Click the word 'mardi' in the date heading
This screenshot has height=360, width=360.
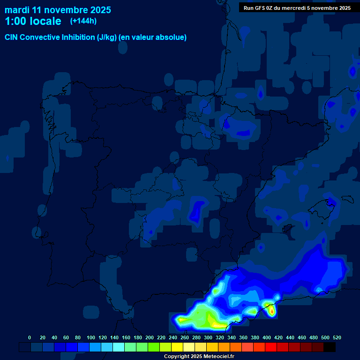[17, 10]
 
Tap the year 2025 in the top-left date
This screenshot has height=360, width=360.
[98, 10]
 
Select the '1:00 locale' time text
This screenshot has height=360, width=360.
[33, 22]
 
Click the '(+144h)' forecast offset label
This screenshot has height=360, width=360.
[83, 21]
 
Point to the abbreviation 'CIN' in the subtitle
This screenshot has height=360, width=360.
[12, 37]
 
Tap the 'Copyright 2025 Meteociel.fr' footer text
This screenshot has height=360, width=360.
[199, 356]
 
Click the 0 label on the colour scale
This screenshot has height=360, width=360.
[30, 337]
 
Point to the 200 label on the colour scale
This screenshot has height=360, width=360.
[150, 337]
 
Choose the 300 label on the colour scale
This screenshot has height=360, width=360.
[208, 337]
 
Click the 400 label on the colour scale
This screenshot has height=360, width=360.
[267, 337]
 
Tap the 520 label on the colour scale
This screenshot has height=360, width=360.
[337, 337]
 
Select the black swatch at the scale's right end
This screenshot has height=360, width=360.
[330, 347]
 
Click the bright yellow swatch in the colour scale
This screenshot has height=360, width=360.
[177, 347]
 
